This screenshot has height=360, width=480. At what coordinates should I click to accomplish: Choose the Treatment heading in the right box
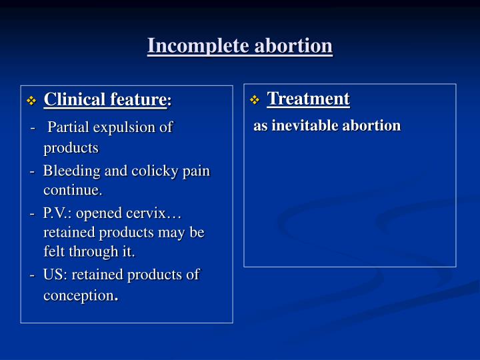(308, 99)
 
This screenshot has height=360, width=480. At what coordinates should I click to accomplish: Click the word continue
(73, 191)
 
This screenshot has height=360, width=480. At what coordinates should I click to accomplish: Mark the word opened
(104, 213)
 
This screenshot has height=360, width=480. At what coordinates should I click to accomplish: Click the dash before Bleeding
(33, 171)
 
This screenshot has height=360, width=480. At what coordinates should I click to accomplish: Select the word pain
(196, 171)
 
